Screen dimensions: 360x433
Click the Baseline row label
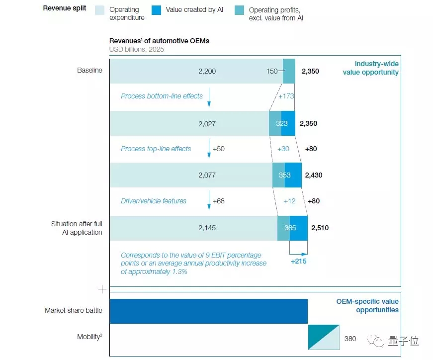[89, 71]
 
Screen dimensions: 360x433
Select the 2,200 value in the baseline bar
[207, 71]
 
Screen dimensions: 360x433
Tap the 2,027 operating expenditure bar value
[207, 123]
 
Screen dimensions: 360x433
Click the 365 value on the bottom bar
[290, 228]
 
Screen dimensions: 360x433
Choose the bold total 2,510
[320, 228]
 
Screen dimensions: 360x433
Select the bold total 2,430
[314, 176]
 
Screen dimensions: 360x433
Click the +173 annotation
[286, 96]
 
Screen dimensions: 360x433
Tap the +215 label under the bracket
[298, 261]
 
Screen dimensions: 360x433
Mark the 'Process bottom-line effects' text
[162, 96]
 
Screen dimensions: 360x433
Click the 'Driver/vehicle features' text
[154, 201]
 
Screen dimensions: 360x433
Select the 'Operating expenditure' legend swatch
[100, 10]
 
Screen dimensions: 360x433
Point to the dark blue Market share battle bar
[208, 311]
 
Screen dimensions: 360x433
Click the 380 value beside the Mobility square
[350, 339]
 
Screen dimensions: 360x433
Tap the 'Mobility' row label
[89, 337]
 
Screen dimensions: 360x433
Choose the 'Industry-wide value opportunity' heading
[370, 68]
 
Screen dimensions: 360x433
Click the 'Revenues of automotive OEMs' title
[159, 41]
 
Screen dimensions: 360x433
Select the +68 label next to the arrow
[219, 201]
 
